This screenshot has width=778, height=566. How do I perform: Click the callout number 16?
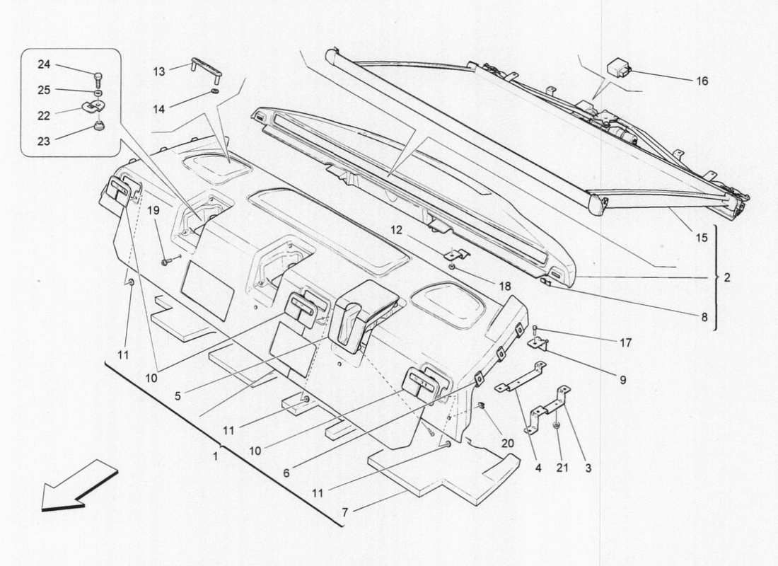coord(701,81)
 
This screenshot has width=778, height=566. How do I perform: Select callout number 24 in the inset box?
coord(44,65)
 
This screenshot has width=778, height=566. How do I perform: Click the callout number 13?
coord(158,71)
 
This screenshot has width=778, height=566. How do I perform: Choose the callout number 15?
coord(701,238)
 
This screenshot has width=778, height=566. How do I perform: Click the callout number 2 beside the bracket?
coord(726,278)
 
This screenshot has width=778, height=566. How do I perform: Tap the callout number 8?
coord(704,318)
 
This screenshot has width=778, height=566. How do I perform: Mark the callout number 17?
coord(625,343)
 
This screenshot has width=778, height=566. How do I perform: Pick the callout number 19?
coord(154,210)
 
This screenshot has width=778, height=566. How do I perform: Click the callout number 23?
coord(44,141)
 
